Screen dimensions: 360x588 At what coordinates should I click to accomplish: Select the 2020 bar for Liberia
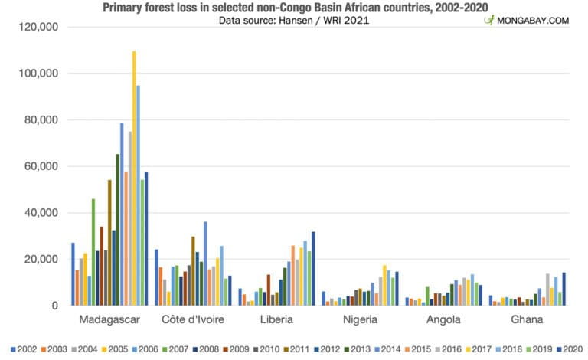pyautogui.click(x=313, y=268)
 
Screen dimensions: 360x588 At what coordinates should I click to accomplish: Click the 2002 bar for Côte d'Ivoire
pyautogui.click(x=157, y=277)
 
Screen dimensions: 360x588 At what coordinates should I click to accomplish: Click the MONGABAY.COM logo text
pyautogui.click(x=533, y=20)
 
